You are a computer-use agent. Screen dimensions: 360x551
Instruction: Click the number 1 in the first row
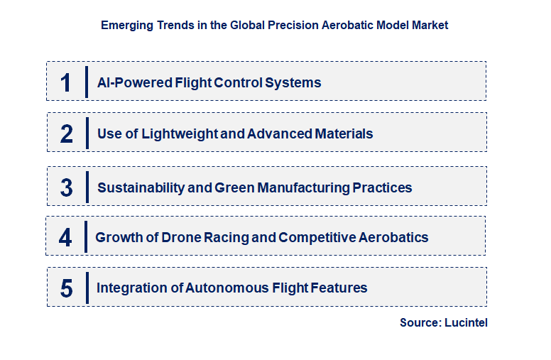point(66,82)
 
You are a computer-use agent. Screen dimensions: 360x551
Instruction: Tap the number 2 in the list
point(67,133)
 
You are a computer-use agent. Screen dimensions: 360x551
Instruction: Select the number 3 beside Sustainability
point(67,187)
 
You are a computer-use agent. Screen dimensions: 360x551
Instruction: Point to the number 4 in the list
point(65,237)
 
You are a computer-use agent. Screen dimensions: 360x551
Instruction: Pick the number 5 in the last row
point(67,288)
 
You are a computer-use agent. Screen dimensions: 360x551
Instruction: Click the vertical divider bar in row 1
point(87,82)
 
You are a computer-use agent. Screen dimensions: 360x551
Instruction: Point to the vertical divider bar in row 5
point(87,288)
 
